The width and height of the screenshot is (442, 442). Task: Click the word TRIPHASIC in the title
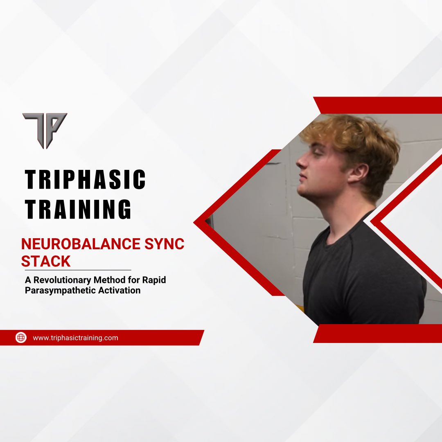[85, 180]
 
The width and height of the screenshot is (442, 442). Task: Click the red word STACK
[45, 262]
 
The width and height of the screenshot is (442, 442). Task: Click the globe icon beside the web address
[21, 338]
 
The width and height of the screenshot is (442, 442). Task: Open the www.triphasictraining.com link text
[75, 338]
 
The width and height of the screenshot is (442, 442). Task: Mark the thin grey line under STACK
[78, 270]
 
